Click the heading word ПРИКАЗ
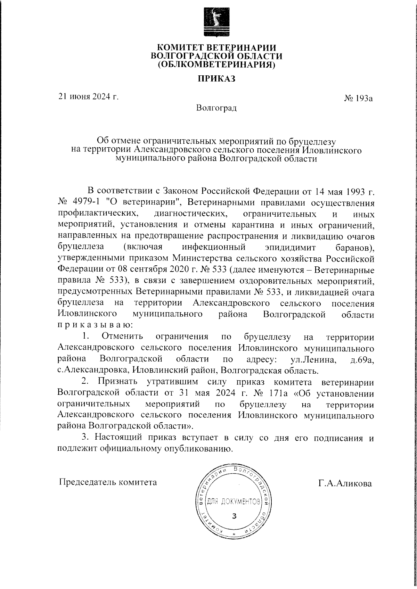click(x=216, y=79)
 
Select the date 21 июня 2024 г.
click(x=89, y=97)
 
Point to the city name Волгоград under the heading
click(x=216, y=108)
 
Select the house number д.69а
click(x=362, y=359)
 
